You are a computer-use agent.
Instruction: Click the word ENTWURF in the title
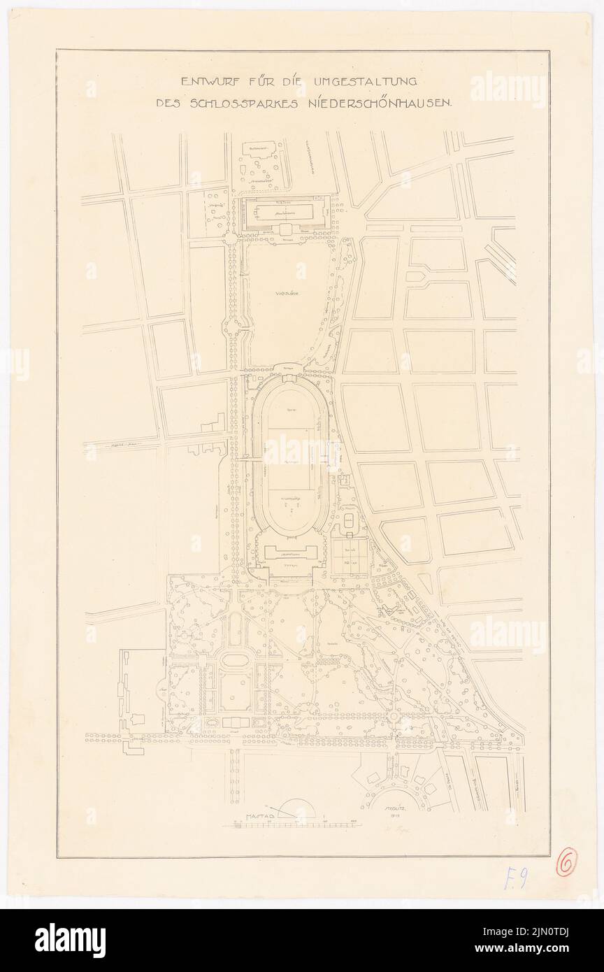(x=209, y=81)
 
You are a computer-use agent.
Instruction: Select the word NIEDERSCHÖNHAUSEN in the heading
(x=387, y=102)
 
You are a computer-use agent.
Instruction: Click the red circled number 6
(x=566, y=864)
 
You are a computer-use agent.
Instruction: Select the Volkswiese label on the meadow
(x=286, y=295)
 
